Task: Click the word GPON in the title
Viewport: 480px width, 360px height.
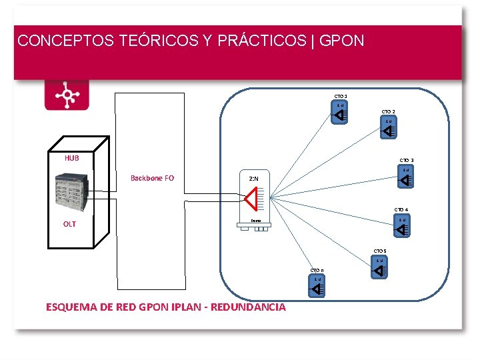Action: tap(342, 41)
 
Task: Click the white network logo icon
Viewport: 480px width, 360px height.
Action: tap(67, 95)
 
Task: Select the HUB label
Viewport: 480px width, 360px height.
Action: tap(71, 158)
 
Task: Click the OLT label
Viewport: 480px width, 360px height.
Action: tap(69, 224)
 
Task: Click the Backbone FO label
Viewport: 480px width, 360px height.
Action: tap(152, 178)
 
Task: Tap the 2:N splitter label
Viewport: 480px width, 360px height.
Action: tap(254, 179)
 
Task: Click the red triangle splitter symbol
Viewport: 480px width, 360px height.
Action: tap(252, 197)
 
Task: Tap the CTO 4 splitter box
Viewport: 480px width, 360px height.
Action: tap(401, 226)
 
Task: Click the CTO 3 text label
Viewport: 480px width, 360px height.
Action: tap(407, 161)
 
